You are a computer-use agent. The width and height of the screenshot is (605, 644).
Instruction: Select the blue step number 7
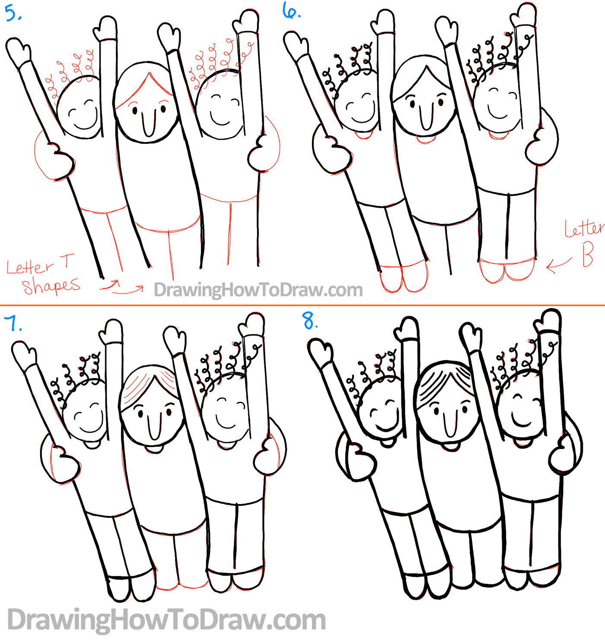coord(13,323)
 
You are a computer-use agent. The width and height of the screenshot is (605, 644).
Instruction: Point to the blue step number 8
coord(310,320)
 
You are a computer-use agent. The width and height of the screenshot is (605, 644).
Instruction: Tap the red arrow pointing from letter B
coord(559,265)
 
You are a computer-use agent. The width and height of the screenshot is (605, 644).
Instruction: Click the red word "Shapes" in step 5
coord(51,286)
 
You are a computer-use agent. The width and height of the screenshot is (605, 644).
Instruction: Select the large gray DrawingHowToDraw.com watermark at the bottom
coord(166,620)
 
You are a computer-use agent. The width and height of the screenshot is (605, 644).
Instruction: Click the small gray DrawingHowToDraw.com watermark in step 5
coord(258,290)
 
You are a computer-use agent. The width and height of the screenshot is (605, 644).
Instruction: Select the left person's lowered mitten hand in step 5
coord(60,161)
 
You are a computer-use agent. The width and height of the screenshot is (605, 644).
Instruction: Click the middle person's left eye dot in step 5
coord(134,111)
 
